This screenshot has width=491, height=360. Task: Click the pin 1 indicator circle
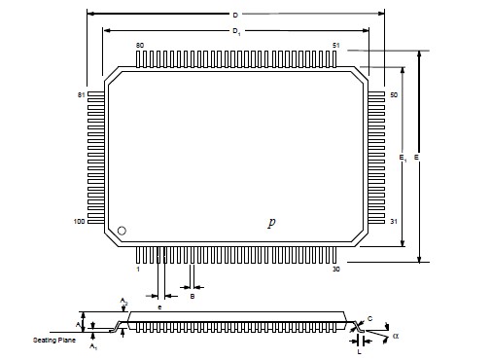pyautogui.click(x=122, y=231)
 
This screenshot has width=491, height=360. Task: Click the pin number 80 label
pyautogui.click(x=140, y=46)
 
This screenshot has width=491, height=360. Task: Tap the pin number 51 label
pyautogui.click(x=336, y=46)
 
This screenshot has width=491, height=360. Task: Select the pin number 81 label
pyautogui.click(x=81, y=95)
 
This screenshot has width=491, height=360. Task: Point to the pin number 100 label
pyautogui.click(x=79, y=222)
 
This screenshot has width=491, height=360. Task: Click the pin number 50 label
pyautogui.click(x=394, y=95)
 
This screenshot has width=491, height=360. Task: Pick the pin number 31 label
pyautogui.click(x=394, y=222)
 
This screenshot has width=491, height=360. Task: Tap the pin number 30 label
pyautogui.click(x=336, y=270)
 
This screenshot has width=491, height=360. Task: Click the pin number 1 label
pyautogui.click(x=138, y=270)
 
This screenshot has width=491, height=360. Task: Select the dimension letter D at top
pyautogui.click(x=235, y=15)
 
